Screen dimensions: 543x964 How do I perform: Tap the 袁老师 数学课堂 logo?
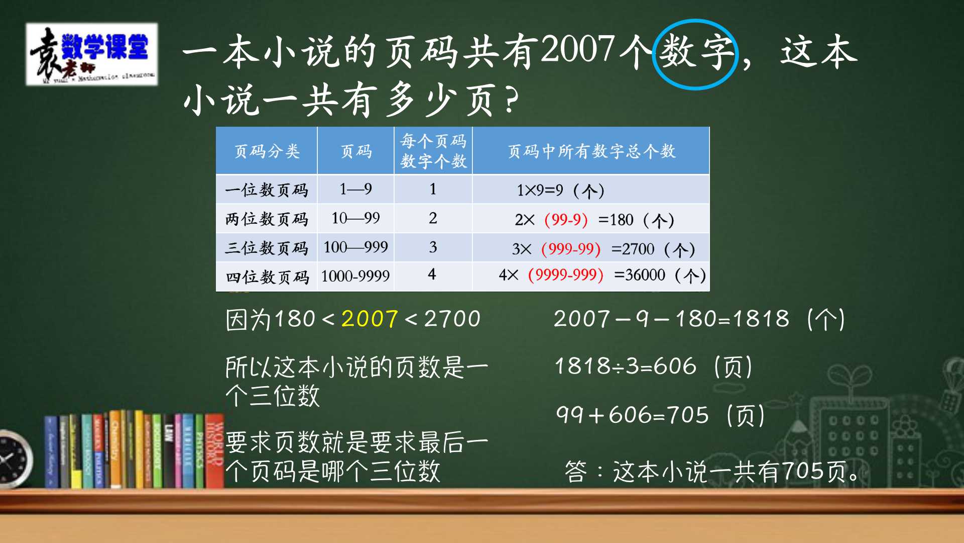pyautogui.click(x=92, y=54)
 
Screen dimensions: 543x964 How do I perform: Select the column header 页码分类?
pyautogui.click(x=267, y=151)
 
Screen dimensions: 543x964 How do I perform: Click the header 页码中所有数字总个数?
pyautogui.click(x=591, y=151)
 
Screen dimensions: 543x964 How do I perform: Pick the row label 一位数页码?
pyautogui.click(x=267, y=190)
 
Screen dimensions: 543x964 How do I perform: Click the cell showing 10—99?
pyautogui.click(x=355, y=218)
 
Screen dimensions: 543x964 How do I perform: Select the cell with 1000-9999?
pyautogui.click(x=355, y=276)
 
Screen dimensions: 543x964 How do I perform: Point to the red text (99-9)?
pyautogui.click(x=566, y=220)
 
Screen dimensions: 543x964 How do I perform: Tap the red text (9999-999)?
pyautogui.click(x=565, y=275)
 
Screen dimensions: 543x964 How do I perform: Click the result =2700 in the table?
pyautogui.click(x=633, y=249)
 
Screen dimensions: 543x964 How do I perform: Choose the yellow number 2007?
pyautogui.click(x=370, y=319)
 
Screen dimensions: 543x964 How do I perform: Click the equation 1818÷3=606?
pyautogui.click(x=626, y=366)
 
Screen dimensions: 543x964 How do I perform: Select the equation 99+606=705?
pyautogui.click(x=633, y=415)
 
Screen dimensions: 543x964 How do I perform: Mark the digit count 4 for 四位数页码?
pyautogui.click(x=432, y=275)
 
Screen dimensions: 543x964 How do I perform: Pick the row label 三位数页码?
pyautogui.click(x=267, y=248)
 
